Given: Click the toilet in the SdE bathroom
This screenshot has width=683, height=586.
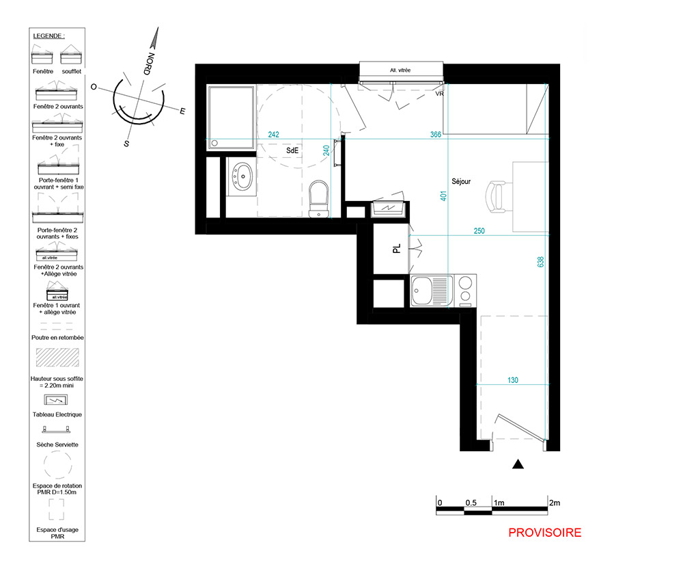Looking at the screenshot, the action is (x=318, y=199).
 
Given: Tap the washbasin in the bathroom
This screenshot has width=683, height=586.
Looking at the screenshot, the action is (x=242, y=176).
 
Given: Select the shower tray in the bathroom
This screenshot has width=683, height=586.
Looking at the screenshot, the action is (x=231, y=118).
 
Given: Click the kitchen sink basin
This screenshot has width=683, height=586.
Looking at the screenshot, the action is (x=421, y=291).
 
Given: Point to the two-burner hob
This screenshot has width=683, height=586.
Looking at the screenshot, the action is (x=465, y=290).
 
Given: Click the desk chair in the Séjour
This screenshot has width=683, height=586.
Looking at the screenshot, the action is (x=497, y=197).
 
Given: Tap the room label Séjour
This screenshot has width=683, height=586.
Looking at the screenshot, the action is (x=461, y=181).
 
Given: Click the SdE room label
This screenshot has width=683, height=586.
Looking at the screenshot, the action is (x=292, y=150).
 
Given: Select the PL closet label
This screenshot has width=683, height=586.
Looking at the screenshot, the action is (x=396, y=248).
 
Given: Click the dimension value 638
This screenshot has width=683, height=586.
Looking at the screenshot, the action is (x=540, y=262).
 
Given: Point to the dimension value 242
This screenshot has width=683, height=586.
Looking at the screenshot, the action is (x=274, y=134).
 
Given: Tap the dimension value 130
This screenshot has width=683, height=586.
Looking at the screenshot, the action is (x=513, y=380).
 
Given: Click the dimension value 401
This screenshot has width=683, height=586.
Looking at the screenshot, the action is (x=443, y=196).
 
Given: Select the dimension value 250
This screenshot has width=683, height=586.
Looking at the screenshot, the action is (x=479, y=231).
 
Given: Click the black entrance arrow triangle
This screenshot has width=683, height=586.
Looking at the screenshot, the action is (x=518, y=464).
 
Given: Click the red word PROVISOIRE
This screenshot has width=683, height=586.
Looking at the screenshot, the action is (x=545, y=533).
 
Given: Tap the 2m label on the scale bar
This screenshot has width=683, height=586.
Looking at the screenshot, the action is (x=555, y=503).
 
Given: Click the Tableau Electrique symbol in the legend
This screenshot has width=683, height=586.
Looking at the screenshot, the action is (x=56, y=400).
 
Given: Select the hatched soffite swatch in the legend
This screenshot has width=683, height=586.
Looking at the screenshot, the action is (x=57, y=357).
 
